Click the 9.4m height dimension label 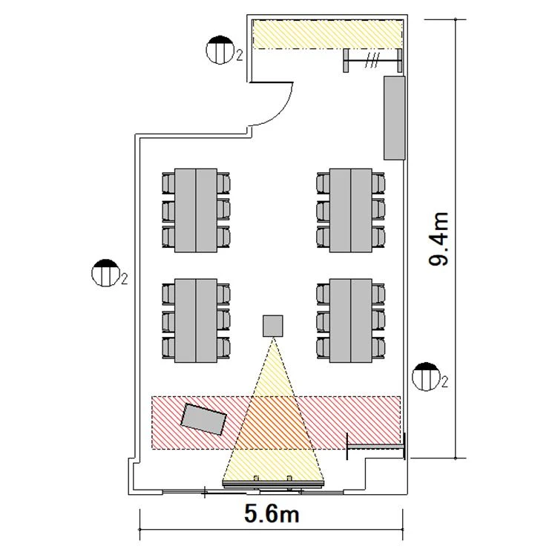pos(439,239)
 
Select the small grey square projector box pos(273,326)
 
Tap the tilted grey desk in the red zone pos(203,419)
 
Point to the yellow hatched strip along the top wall pos(328,34)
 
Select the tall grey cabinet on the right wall pos(394,118)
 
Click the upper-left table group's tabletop pos(196,210)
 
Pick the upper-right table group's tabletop pos(351,210)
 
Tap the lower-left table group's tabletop pos(196,321)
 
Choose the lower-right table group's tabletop pos(351,321)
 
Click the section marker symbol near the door pos(220,50)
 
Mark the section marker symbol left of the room pos(105,273)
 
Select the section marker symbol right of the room pos(426,376)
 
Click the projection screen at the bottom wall pos(273,484)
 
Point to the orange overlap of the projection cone pos(273,423)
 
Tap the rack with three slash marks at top pos(372,60)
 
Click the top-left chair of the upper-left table pos(168,183)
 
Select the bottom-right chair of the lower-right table pos(378,348)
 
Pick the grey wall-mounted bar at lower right pos(376,447)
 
